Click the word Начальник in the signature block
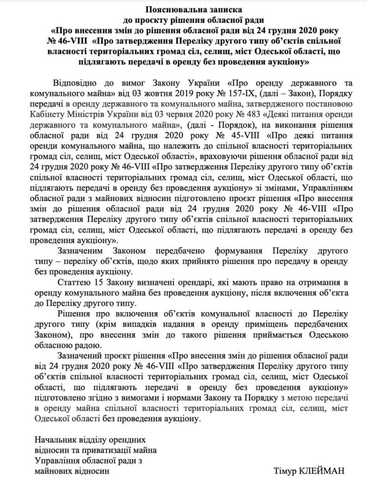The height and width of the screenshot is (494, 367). point(53,439)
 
